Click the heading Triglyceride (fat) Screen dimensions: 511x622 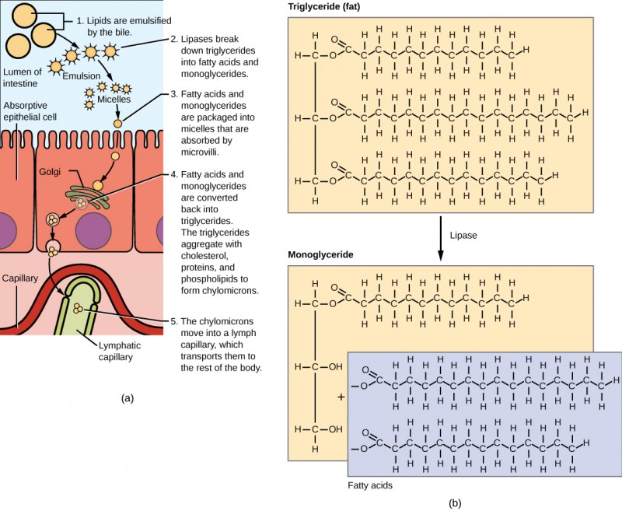324,8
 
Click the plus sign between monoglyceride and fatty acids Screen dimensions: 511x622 341,397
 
